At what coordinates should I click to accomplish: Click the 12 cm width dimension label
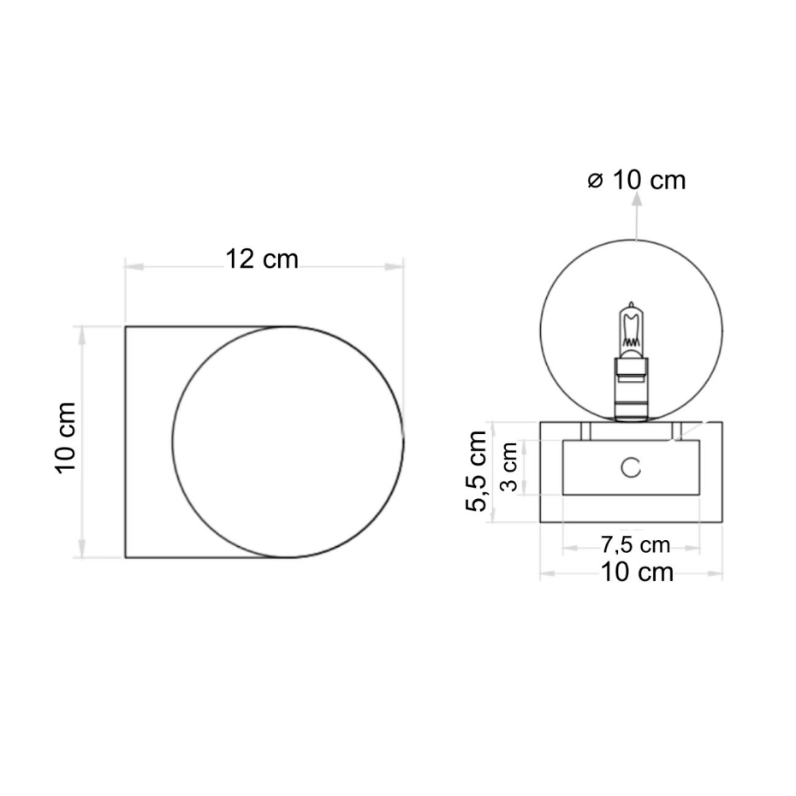[x=261, y=258]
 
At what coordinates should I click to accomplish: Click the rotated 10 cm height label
[x=66, y=438]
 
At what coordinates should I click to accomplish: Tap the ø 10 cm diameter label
[x=637, y=181]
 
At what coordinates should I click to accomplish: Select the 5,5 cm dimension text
[x=476, y=471]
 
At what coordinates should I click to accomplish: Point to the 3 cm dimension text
[x=508, y=467]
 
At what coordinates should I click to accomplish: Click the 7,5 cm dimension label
[x=636, y=545]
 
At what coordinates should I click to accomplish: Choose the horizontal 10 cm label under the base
[x=637, y=572]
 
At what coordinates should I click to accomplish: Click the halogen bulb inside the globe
[x=631, y=330]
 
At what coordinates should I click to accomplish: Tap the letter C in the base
[x=631, y=467]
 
